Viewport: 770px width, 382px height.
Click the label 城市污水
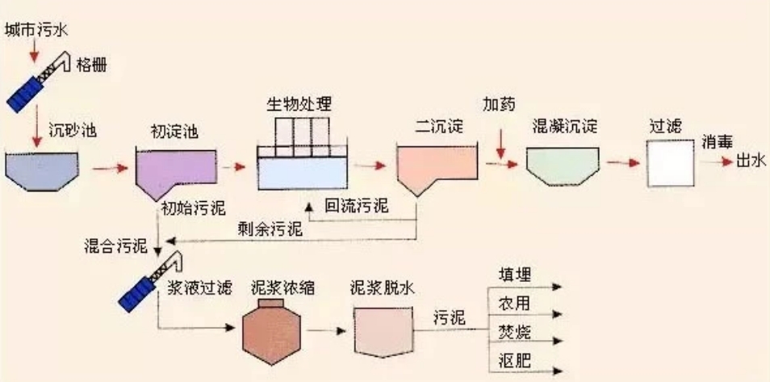pos(37,31)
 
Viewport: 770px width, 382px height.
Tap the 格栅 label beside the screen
pos(92,65)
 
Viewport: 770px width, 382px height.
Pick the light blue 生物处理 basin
pos(303,173)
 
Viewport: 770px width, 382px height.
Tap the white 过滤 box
pos(669,164)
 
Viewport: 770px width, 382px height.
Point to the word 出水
pos(751,161)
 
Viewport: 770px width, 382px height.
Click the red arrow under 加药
pos(500,144)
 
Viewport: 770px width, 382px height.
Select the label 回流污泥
pos(357,206)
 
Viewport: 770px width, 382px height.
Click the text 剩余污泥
pos(270,228)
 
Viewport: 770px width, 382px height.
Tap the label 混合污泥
pos(116,246)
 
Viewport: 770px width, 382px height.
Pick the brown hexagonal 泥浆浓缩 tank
pos(271,333)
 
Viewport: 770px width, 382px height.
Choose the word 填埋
pos(515,275)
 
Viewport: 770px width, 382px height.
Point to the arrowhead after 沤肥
pos(557,370)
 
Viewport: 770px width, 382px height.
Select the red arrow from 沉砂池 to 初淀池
pos(110,169)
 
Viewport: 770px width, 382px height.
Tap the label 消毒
pos(717,143)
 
